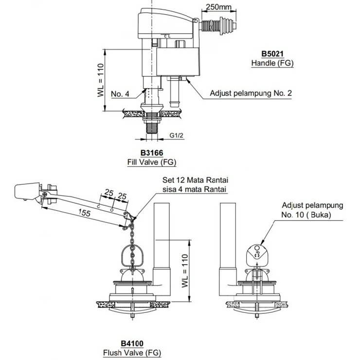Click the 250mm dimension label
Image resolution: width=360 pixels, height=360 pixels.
218,7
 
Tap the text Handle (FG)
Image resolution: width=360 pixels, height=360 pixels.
273,63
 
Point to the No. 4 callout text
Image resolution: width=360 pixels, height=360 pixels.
119,93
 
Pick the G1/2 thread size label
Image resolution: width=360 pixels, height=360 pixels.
176,136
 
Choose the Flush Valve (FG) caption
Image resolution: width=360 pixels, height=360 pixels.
132,353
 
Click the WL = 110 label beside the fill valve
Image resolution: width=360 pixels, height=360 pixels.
100,81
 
